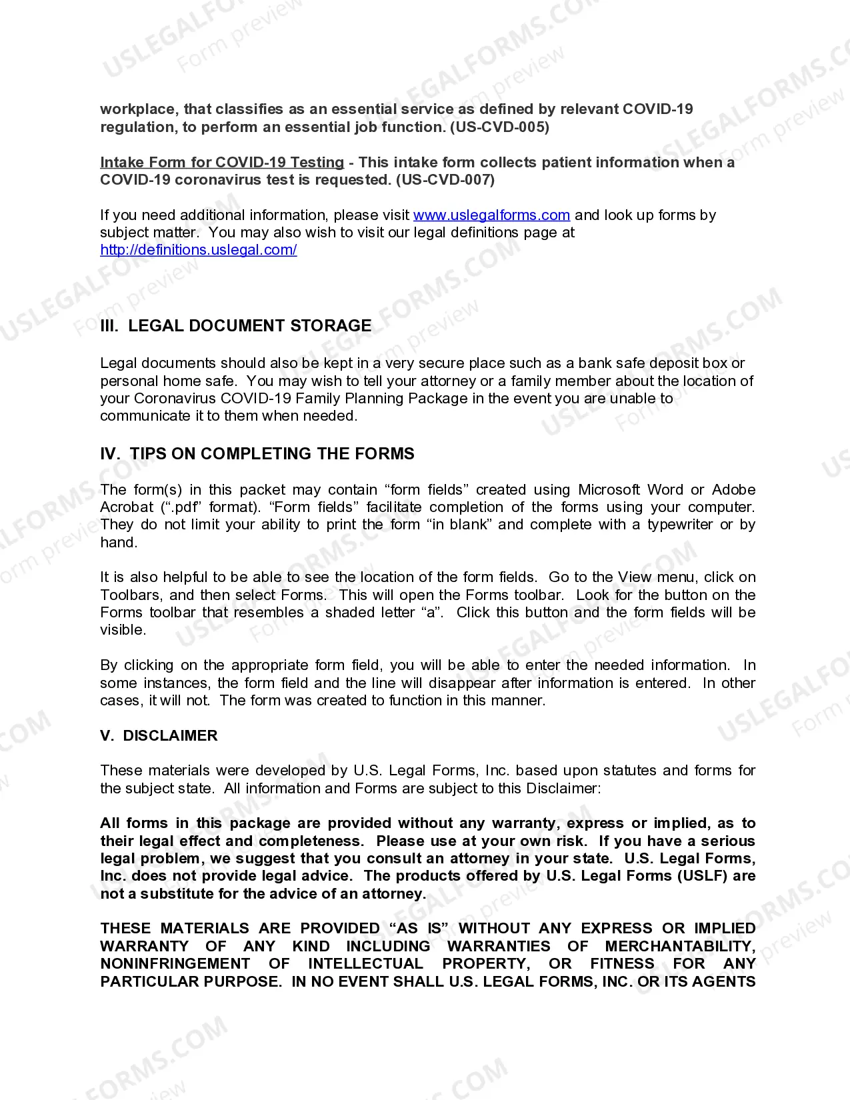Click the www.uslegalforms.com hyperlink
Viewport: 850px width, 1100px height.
(x=491, y=215)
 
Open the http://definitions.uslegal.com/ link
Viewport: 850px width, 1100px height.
(x=198, y=250)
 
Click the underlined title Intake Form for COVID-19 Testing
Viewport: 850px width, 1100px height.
(x=222, y=163)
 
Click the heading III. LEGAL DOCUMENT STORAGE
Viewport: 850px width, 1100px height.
(x=236, y=326)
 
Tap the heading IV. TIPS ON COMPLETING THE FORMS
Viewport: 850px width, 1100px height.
(x=257, y=454)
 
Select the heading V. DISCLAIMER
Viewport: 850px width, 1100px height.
(x=159, y=736)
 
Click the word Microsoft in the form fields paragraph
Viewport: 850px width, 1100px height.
(x=609, y=490)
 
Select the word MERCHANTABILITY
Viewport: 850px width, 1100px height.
(x=680, y=947)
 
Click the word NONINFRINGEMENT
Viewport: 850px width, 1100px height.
(x=175, y=964)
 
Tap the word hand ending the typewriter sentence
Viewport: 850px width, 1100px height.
(x=117, y=543)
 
